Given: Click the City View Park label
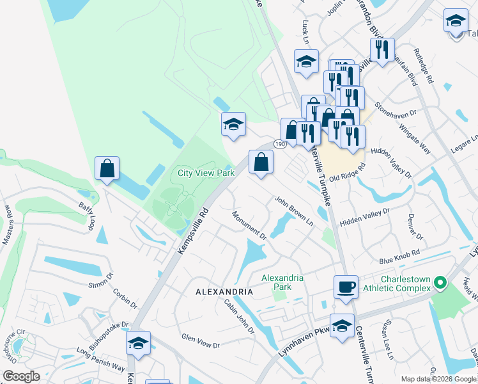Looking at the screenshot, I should tap(206, 173).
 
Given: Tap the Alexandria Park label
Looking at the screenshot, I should tap(282, 282).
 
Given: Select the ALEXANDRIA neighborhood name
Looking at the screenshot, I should tap(224, 292).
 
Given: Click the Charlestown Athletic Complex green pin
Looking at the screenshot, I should tap(439, 282).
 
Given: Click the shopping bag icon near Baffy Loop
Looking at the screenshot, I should tap(107, 168).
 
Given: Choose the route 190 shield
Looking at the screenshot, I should tap(281, 145).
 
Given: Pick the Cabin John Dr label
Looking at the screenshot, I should tap(239, 317).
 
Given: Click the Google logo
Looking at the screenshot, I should tap(21, 376).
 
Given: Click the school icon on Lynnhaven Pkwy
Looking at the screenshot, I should tap(342, 325).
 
